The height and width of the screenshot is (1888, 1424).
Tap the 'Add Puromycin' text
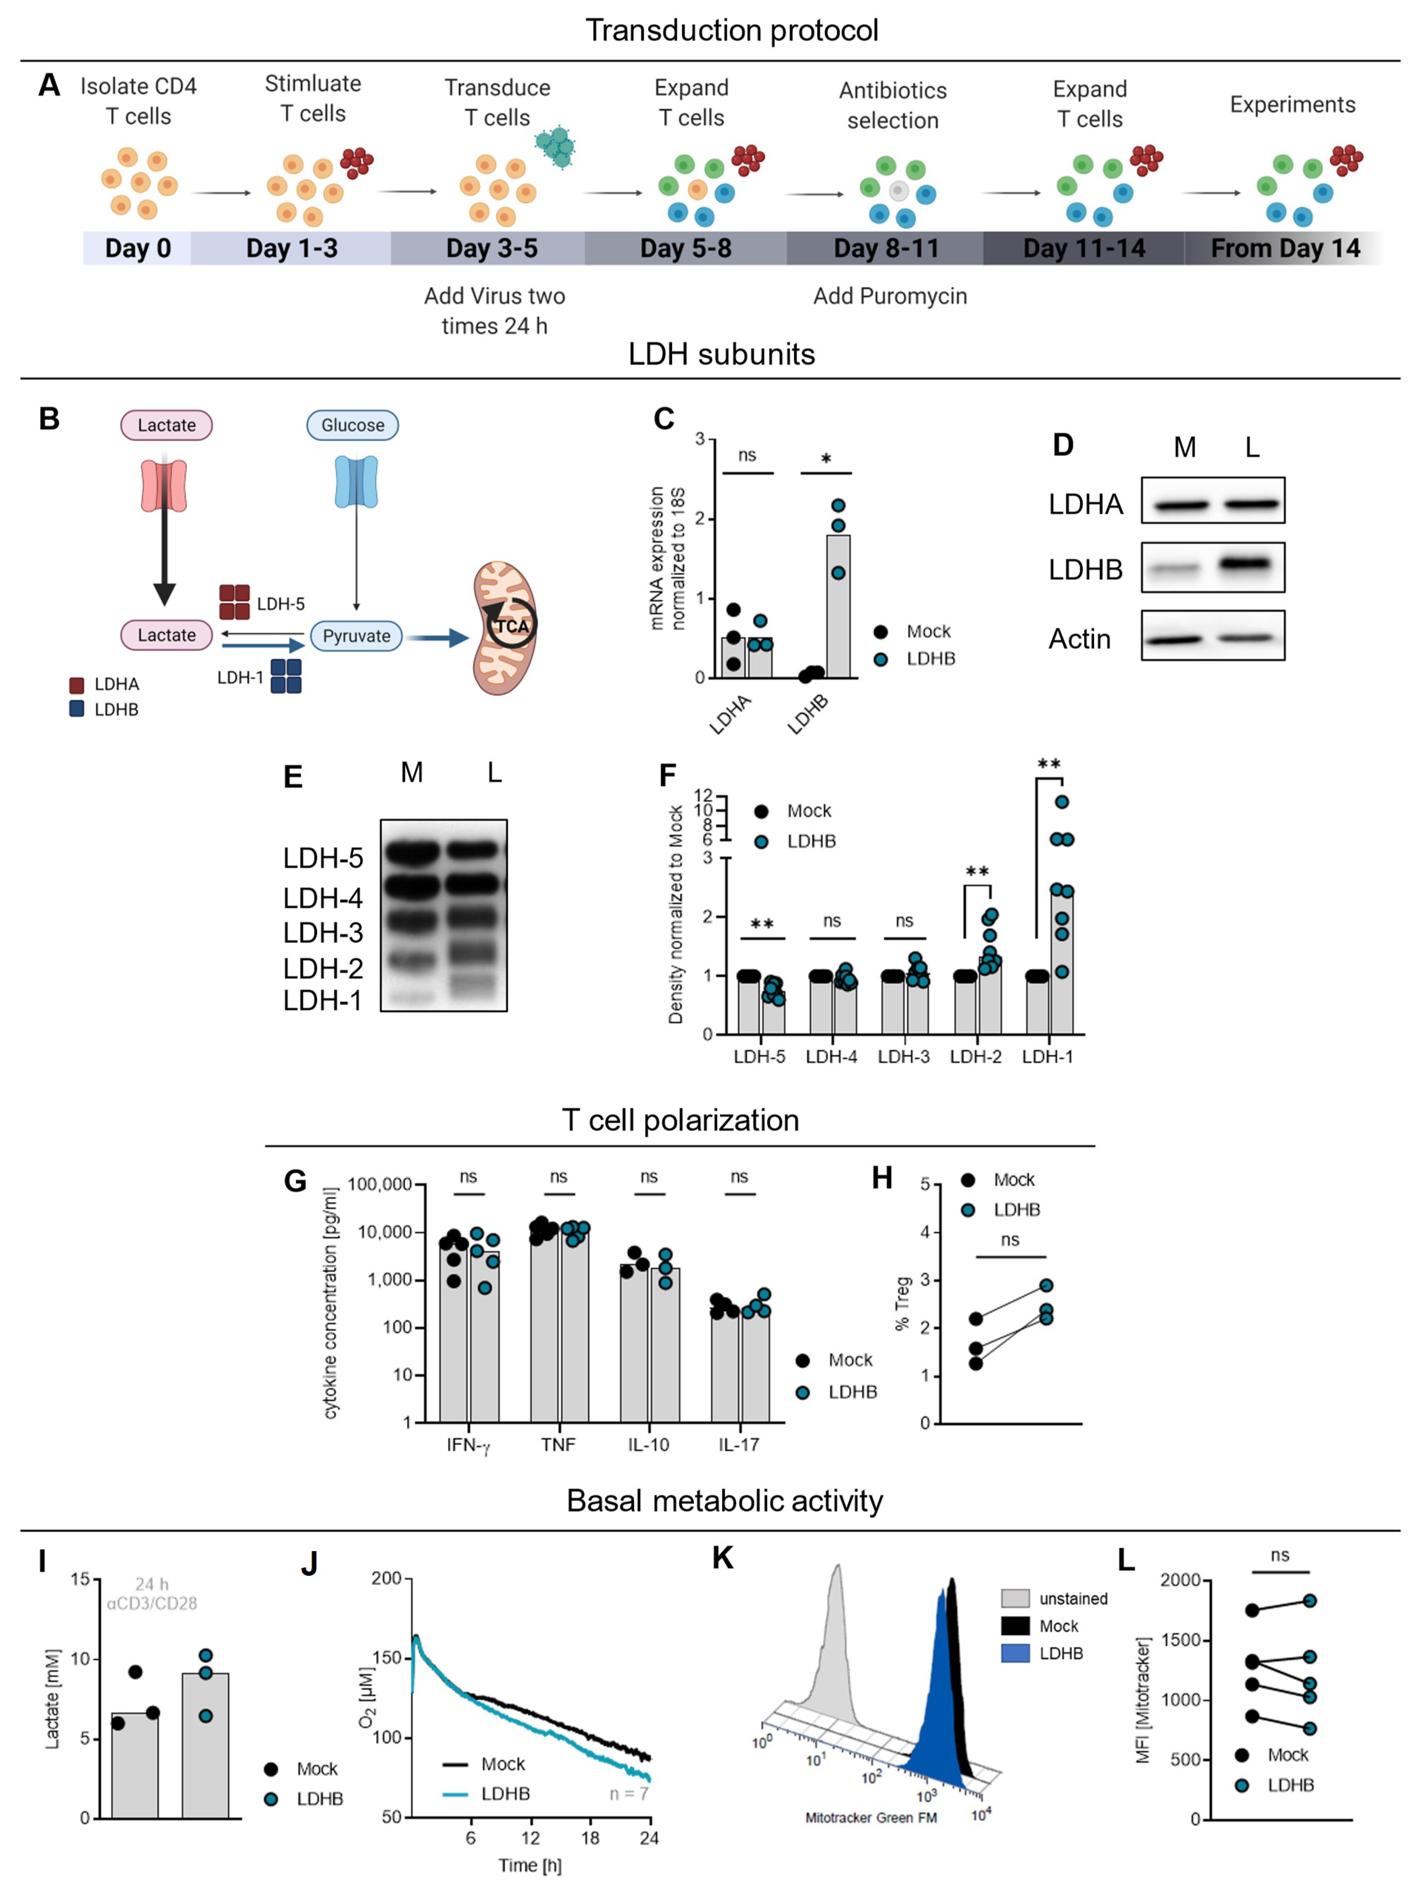click(890, 296)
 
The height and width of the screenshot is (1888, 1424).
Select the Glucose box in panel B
click(353, 425)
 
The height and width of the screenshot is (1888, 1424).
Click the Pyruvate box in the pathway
click(356, 636)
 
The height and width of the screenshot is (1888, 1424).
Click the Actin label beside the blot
click(1079, 639)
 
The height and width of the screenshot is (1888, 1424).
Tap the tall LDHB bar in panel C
click(838, 606)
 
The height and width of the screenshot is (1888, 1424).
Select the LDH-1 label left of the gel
click(323, 1000)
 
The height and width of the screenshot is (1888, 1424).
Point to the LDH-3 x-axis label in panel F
click(903, 1057)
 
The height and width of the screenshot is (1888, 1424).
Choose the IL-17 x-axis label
click(739, 1444)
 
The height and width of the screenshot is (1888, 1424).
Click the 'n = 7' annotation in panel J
click(628, 1793)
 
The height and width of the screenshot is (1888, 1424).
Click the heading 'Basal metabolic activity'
click(724, 1500)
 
